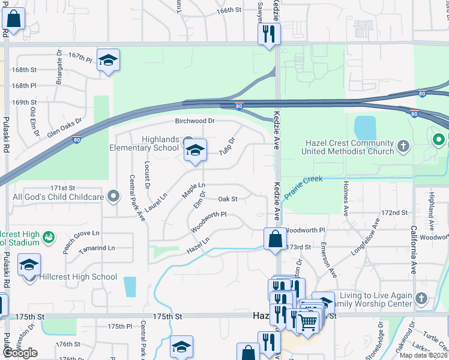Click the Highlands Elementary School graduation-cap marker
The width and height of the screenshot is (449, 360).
pyautogui.click(x=195, y=150)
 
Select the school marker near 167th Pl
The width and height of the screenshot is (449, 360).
pyautogui.click(x=108, y=60)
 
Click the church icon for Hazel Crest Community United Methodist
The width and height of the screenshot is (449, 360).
pyautogui.click(x=403, y=145)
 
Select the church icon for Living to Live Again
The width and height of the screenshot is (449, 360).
pyautogui.click(x=421, y=299)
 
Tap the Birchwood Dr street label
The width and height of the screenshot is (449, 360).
pyautogui.click(x=194, y=121)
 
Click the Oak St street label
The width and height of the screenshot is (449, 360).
pyautogui.click(x=228, y=199)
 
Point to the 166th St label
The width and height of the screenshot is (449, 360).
pyautogui.click(x=229, y=10)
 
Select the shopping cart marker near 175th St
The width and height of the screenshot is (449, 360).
pyautogui.click(x=309, y=322)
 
